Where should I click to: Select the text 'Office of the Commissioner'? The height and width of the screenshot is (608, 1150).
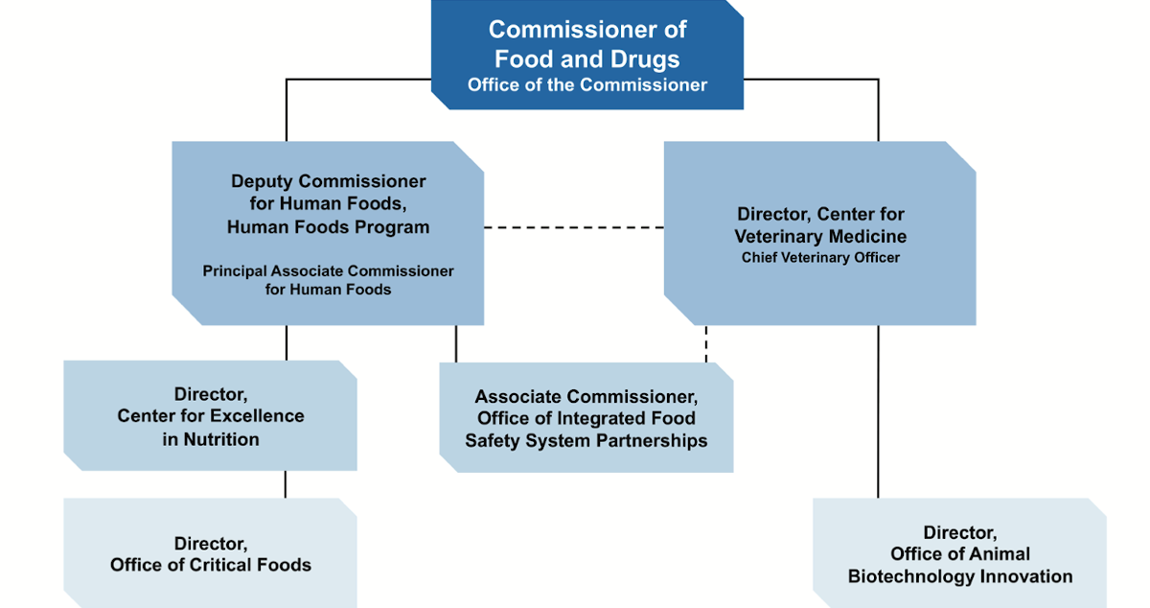click(x=587, y=85)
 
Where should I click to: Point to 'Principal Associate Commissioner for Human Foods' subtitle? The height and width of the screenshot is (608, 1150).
click(x=328, y=280)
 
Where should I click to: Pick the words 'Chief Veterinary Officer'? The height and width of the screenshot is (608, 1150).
click(x=820, y=258)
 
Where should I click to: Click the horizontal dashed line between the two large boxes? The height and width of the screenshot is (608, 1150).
click(x=573, y=228)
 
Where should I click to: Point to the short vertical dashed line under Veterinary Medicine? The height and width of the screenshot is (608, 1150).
click(x=706, y=344)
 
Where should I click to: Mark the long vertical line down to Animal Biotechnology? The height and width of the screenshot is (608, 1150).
click(x=878, y=412)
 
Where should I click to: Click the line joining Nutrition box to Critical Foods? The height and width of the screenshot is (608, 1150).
click(x=286, y=484)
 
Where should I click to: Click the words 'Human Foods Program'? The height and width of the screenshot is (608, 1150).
click(x=328, y=227)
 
